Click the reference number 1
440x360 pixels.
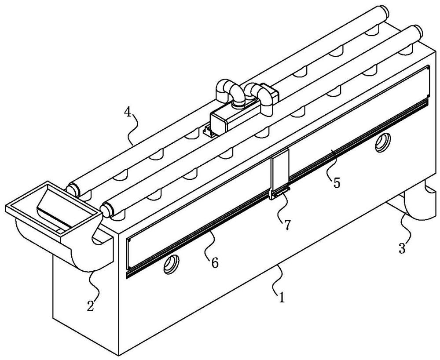tap(282, 298)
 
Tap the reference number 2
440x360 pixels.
tap(90, 306)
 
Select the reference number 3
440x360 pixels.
tap(402, 248)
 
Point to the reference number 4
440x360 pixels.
tap(128, 113)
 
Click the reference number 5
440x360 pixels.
tap(337, 183)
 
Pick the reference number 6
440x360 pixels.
tap(215, 263)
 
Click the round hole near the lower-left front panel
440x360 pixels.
tap(172, 264)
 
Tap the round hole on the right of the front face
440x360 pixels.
tap(383, 143)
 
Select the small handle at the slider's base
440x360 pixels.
tap(281, 193)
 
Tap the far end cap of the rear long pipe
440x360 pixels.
tap(384, 12)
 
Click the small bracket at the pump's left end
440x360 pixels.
tap(209, 131)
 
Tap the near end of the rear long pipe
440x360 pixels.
tap(73, 189)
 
